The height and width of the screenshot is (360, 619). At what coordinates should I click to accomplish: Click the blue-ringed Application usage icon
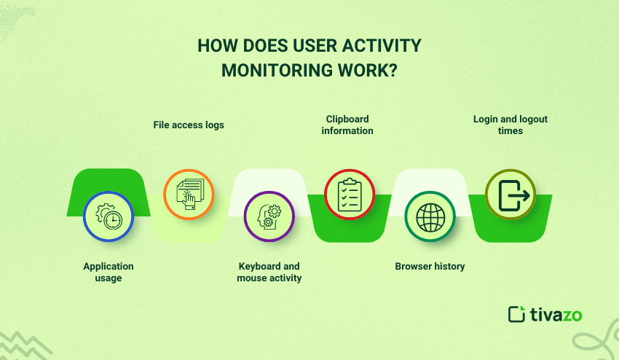pyautogui.click(x=109, y=216)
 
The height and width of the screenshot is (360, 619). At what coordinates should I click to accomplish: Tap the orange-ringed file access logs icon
pyautogui.click(x=189, y=194)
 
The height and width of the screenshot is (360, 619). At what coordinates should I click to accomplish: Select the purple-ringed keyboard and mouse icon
pyautogui.click(x=269, y=216)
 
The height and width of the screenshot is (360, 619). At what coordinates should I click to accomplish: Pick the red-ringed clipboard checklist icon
pyautogui.click(x=349, y=194)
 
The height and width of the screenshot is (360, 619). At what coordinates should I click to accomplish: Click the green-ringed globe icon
pyautogui.click(x=430, y=216)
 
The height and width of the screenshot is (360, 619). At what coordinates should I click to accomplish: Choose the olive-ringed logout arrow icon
pyautogui.click(x=510, y=195)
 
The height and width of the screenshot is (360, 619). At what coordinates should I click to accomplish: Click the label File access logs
pyautogui.click(x=189, y=125)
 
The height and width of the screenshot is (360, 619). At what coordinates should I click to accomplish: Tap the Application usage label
pyautogui.click(x=109, y=272)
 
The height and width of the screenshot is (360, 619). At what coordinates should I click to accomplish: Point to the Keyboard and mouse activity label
pyautogui.click(x=269, y=272)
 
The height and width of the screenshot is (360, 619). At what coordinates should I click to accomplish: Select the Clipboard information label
pyautogui.click(x=348, y=125)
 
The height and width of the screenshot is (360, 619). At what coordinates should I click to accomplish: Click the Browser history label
pyautogui.click(x=430, y=266)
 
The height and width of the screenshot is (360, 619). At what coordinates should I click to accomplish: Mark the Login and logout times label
pyautogui.click(x=510, y=125)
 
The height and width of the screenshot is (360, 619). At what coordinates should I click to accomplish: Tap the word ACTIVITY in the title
pyautogui.click(x=383, y=45)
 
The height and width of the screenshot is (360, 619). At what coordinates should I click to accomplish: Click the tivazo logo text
pyautogui.click(x=556, y=314)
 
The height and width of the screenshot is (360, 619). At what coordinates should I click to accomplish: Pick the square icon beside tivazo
pyautogui.click(x=516, y=314)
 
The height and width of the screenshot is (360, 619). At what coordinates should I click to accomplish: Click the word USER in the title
pyautogui.click(x=317, y=45)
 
